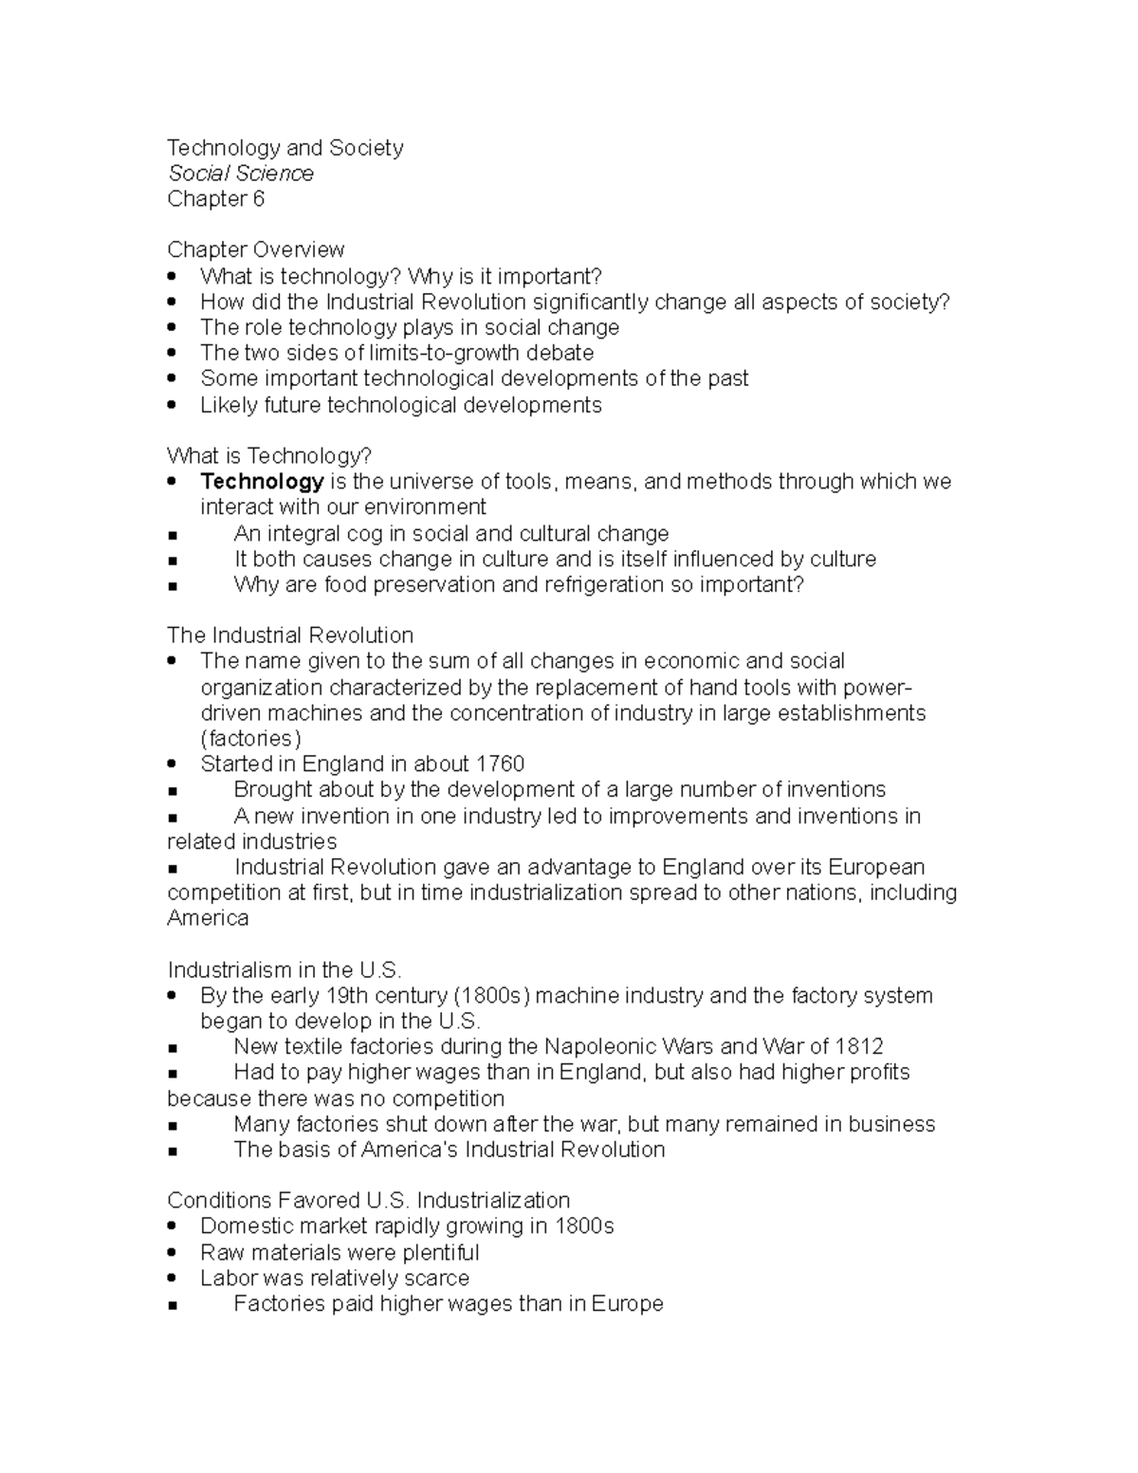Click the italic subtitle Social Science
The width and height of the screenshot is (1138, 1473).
pos(240,174)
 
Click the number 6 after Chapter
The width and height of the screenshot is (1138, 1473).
pos(258,199)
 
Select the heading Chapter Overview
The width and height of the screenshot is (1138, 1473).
pos(255,249)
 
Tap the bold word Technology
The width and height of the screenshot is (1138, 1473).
pos(262,482)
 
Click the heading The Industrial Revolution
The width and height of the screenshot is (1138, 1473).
pos(290,635)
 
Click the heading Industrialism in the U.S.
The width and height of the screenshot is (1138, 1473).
pos(284,970)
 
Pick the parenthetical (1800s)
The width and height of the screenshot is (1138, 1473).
pos(493,996)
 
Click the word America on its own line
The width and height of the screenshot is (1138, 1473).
pos(208,918)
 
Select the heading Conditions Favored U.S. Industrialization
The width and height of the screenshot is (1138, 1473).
pos(368,1201)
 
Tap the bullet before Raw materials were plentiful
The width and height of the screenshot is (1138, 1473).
pos(172,1253)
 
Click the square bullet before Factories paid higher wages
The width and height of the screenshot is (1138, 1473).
pos(172,1305)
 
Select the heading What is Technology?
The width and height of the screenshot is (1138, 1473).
pos(269,456)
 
